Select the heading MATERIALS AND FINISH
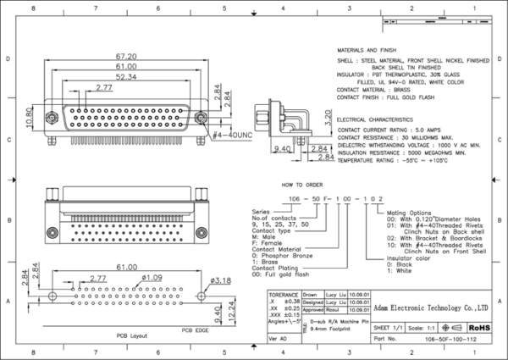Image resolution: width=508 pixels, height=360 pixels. pyautogui.click(x=373, y=51)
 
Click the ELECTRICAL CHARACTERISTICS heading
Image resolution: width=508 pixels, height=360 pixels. pyautogui.click(x=378, y=120)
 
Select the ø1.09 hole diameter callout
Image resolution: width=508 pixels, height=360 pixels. pyautogui.click(x=152, y=277)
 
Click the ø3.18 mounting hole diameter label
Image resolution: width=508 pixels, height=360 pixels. pyautogui.click(x=219, y=280)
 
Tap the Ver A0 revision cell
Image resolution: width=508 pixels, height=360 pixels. pyautogui.click(x=276, y=338)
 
